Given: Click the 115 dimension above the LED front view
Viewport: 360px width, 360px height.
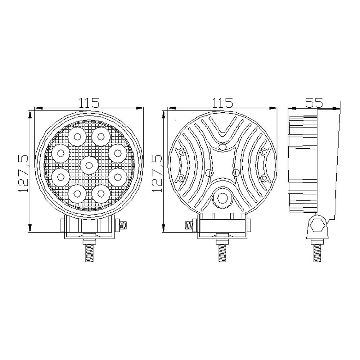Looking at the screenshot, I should point(89,103).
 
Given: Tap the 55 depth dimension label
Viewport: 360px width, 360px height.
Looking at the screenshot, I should point(314,103).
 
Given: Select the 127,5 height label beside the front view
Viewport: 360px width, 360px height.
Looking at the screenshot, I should point(22,173).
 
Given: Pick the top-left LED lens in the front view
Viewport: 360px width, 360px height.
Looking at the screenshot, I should point(77,136).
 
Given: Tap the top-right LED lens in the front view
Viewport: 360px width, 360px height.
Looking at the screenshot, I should point(101,136).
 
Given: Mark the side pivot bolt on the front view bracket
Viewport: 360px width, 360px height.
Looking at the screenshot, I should point(123,225).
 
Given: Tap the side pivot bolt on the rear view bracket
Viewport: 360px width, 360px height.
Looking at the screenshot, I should point(189,225).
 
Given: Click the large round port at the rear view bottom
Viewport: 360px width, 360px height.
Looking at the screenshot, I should point(222,198).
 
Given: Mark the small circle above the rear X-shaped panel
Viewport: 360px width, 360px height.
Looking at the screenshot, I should point(223,147).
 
